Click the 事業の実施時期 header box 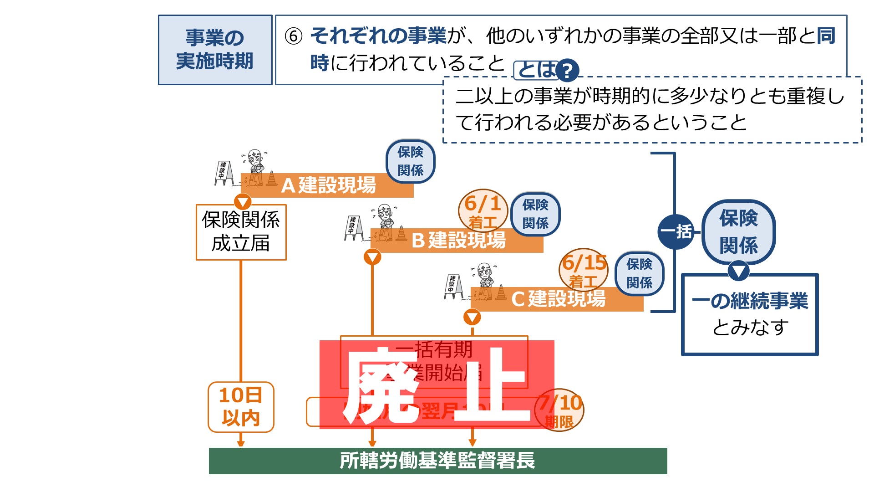215,50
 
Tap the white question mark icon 567,71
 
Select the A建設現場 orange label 328,185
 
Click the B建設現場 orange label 457,240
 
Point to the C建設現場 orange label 558,299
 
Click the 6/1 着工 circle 483,211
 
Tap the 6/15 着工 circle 584,270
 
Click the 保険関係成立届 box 241,232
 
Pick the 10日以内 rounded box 241,407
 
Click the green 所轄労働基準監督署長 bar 437,461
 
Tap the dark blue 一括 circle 676,231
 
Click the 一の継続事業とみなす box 749,314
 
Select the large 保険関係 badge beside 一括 738,231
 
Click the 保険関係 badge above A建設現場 410,161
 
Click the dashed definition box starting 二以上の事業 652,110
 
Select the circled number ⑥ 294,36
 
